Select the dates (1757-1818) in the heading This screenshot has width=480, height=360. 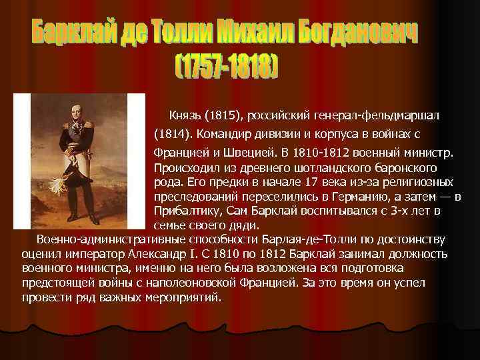(226, 65)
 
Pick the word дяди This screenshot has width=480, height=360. (247, 225)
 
